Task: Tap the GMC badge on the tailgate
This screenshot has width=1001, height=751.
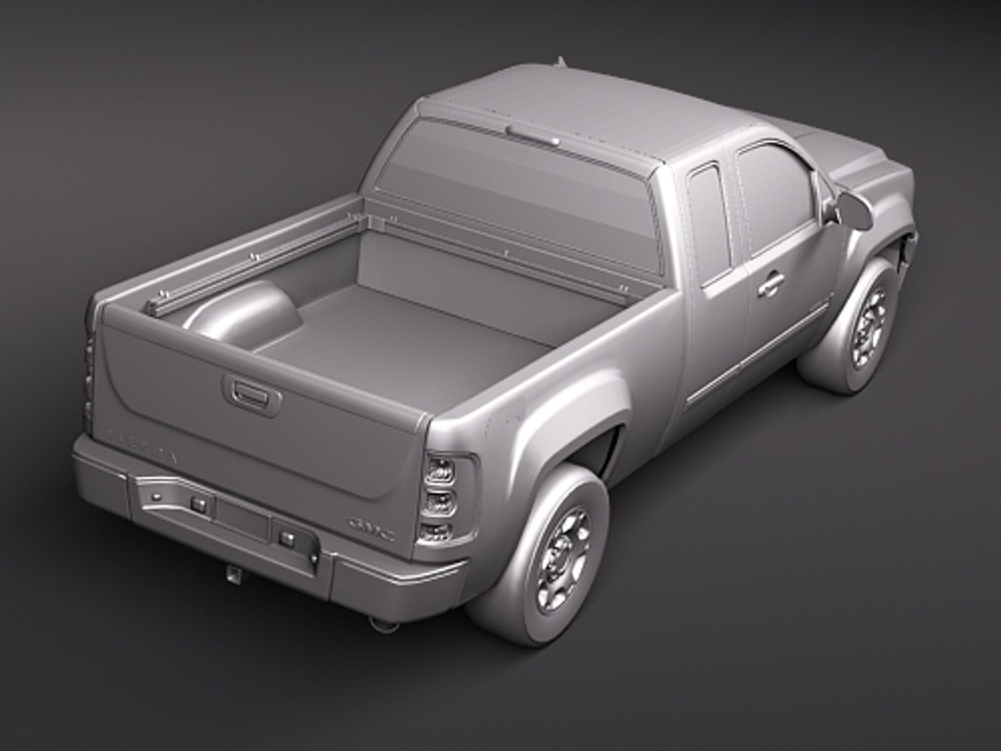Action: pos(373,531)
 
